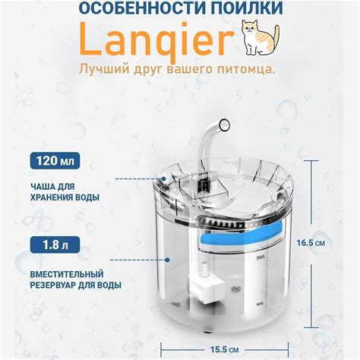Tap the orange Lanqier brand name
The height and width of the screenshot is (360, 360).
tap(156, 39)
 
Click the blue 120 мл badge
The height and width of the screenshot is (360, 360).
tap(55, 161)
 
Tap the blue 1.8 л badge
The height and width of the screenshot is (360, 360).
tap(55, 245)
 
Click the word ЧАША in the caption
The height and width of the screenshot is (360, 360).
tap(41, 187)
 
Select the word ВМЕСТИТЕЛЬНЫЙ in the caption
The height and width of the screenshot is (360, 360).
tap(67, 274)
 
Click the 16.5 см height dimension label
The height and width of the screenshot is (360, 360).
tap(311, 243)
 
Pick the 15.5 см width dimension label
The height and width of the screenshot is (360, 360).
tap(225, 349)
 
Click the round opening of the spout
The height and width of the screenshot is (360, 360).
tap(224, 125)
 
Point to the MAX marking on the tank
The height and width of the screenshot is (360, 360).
tap(261, 257)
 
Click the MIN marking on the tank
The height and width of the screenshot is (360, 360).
tap(259, 304)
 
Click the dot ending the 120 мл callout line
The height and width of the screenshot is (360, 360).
tap(164, 179)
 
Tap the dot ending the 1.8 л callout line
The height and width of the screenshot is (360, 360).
tap(167, 260)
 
